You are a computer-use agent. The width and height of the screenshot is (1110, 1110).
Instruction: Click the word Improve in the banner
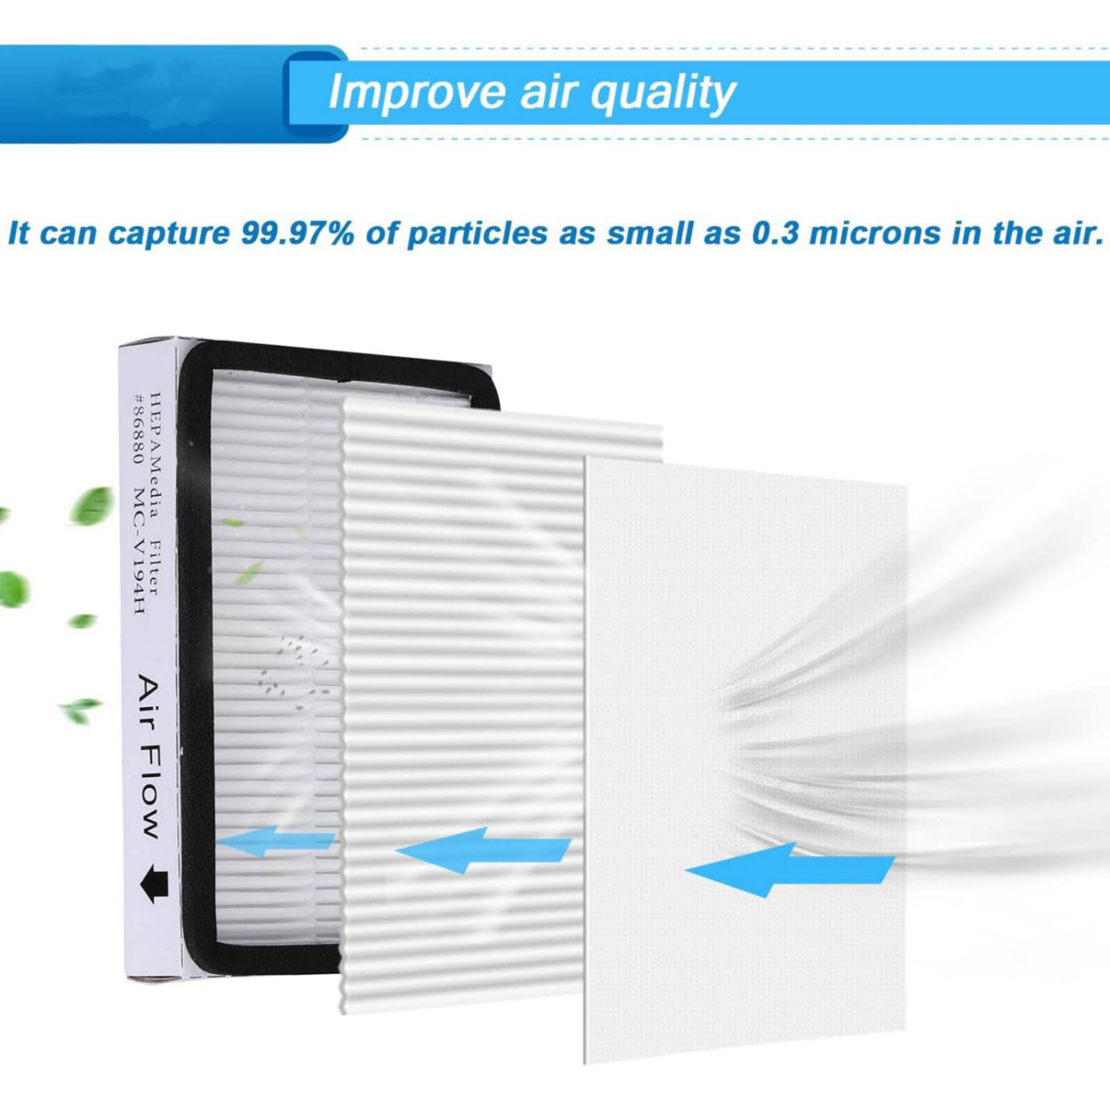click(417, 92)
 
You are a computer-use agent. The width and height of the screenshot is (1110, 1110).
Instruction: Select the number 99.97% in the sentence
click(297, 233)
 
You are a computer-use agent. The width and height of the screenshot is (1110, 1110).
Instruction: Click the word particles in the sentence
click(477, 234)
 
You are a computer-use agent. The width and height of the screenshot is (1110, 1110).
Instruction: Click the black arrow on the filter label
click(154, 884)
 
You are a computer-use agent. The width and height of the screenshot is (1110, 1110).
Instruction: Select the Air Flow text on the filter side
click(149, 755)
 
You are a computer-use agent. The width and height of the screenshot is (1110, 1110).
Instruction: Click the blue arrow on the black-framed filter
click(275, 840)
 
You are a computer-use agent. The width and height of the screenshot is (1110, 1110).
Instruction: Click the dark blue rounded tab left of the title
click(316, 94)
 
